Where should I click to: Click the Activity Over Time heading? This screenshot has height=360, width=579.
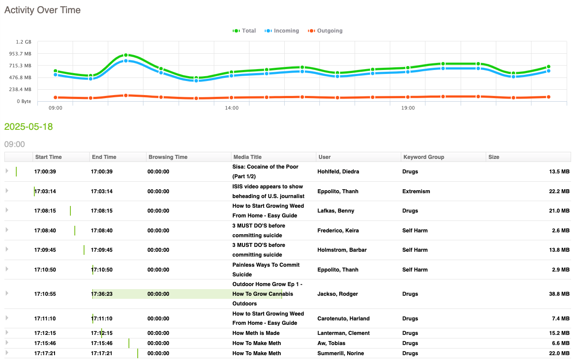pos(42,10)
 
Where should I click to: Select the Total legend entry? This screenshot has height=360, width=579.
pos(244,31)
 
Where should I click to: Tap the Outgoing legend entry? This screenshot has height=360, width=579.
pos(325,31)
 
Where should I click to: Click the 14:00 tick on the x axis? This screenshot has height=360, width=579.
pos(231,108)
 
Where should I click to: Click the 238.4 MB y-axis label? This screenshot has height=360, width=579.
pos(21,89)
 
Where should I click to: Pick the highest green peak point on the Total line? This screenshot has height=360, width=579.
pos(126,55)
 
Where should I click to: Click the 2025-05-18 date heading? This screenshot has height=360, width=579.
pos(29,127)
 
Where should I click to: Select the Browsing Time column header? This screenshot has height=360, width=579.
pos(168,157)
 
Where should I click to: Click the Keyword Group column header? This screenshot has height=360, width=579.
pos(424,157)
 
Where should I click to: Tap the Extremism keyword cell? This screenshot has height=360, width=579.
pos(416,191)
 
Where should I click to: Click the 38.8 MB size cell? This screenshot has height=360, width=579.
pos(559,294)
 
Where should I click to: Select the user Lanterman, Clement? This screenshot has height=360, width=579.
pos(344,333)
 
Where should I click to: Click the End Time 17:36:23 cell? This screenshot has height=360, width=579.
pos(102,294)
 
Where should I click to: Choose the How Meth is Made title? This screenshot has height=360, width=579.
pos(256,333)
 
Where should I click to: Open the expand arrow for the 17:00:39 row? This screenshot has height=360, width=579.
pos(7,171)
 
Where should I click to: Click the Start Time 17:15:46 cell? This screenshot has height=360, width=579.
pos(45,343)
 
